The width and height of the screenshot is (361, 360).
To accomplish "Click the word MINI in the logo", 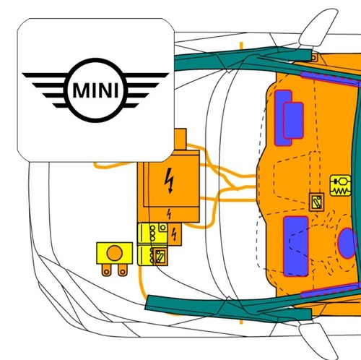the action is tap(95, 90).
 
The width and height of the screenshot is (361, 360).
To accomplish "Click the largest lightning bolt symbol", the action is tap(170, 180).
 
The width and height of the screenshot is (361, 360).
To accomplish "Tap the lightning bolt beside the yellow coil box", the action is tap(174, 234).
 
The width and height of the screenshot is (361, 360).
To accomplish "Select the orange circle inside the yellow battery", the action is tap(115, 253).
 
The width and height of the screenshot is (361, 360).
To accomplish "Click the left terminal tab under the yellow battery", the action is tap(106, 270).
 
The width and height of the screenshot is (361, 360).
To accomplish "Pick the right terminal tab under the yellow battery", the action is tap(122, 270).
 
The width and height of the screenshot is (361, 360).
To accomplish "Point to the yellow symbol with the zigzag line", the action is tap(340, 186).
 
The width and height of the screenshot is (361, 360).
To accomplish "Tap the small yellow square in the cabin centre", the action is tap(316, 202).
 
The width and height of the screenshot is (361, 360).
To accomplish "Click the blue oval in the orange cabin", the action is tap(347, 244).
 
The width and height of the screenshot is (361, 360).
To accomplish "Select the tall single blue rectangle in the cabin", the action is tap(296, 246).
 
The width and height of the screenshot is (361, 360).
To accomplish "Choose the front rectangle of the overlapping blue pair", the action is tap(293, 121).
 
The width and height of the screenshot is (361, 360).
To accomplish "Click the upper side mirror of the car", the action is tap(318, 28).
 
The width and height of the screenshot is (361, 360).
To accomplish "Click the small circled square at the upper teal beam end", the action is tap(314, 58).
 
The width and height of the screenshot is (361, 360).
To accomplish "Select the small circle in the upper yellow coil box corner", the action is tap(163, 228).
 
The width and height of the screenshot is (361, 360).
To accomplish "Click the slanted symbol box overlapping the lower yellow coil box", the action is tap(160, 257).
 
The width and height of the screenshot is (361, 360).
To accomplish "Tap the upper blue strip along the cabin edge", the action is tap(330, 78).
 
